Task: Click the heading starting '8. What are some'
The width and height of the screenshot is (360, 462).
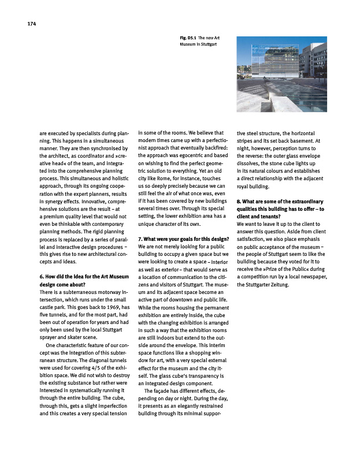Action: click(x=280, y=201)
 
